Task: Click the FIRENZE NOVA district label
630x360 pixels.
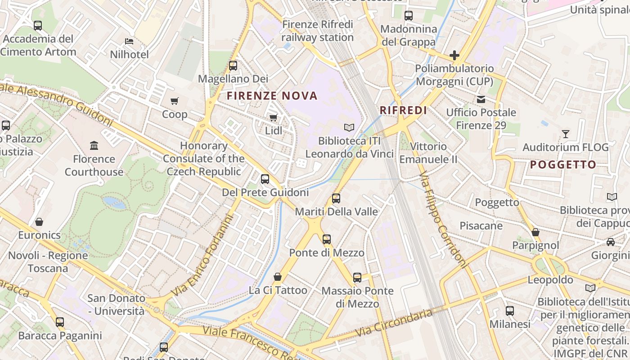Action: click(272, 95)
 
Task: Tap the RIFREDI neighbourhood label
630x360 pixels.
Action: click(403, 110)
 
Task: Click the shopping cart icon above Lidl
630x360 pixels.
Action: click(273, 117)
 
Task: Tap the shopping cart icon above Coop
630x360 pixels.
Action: click(175, 101)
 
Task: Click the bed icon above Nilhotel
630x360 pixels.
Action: click(129, 41)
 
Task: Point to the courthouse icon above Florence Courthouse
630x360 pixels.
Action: click(94, 145)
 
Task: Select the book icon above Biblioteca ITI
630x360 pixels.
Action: click(349, 127)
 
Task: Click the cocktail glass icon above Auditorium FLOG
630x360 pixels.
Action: click(566, 134)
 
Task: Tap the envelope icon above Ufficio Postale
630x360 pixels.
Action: click(481, 99)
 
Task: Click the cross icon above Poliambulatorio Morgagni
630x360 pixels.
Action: click(454, 55)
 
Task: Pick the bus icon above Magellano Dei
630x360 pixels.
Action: click(233, 65)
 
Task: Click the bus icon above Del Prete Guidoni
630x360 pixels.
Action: click(265, 179)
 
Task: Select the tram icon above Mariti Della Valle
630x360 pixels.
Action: click(336, 198)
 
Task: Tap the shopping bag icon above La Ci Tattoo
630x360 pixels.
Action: click(278, 276)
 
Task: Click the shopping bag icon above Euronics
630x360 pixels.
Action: click(39, 221)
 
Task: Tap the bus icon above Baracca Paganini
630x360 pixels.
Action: click(60, 322)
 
